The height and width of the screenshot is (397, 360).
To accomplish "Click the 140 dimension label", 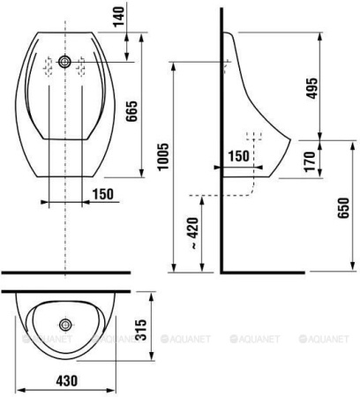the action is tap(119, 17).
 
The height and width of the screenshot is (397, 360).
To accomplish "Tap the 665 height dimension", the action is tap(131, 111).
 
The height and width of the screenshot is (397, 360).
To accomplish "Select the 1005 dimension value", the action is tap(163, 157).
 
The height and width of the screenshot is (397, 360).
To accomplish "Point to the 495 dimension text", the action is tap(311, 88).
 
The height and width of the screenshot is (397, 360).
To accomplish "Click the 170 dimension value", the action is tap(310, 161).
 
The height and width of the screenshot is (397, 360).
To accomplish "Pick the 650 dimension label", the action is tap(343, 208).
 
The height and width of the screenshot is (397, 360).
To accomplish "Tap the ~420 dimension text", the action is tap(194, 234).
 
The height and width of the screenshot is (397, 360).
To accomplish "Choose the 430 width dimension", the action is tap(67, 381).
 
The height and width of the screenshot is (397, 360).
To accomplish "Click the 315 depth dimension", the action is tap(140, 330).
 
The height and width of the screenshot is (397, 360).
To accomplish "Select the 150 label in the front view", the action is tap(102, 194).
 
